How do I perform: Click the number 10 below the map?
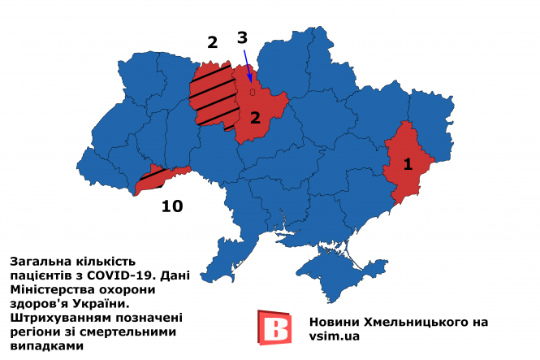pyautogui.click(x=171, y=206)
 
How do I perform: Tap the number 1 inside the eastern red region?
pyautogui.click(x=408, y=164)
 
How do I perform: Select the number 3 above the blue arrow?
pyautogui.click(x=242, y=37)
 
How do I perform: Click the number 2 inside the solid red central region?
pyautogui.click(x=255, y=118)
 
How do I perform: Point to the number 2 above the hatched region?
pyautogui.click(x=213, y=42)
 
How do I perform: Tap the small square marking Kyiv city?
pyautogui.click(x=253, y=93)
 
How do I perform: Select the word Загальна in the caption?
pyautogui.click(x=37, y=262)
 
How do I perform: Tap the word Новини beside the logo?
pyautogui.click(x=336, y=322)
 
